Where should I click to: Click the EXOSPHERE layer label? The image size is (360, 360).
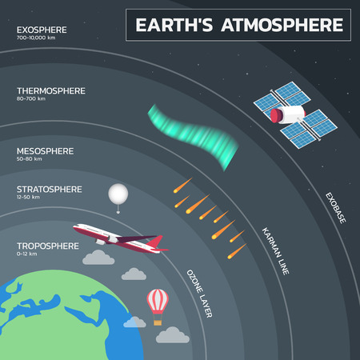tap(40, 30)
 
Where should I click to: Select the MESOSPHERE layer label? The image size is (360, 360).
tap(45, 150)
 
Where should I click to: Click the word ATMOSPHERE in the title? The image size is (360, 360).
tap(288, 25)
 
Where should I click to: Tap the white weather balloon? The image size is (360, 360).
tap(117, 194)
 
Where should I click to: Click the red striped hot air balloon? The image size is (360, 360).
tap(158, 302)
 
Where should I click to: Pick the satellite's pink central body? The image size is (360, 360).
tap(286, 114)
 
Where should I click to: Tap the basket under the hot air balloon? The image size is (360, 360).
tap(158, 322)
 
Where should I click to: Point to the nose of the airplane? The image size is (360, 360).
tap(167, 250)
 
